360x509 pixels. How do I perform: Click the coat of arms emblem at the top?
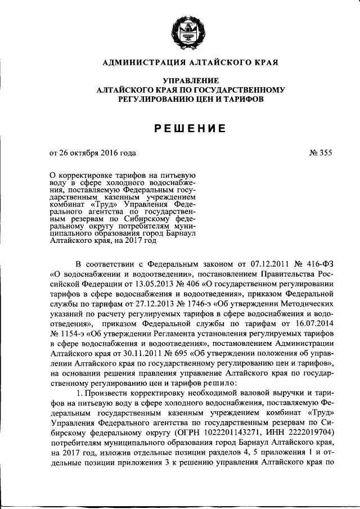click(x=184, y=35)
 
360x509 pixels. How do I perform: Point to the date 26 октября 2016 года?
click(x=97, y=152)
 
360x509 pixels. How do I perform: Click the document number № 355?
click(x=321, y=152)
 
